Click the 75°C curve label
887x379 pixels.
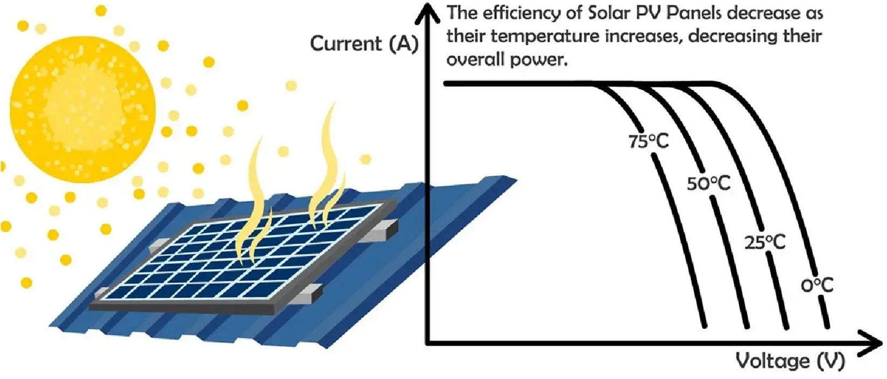point(648,141)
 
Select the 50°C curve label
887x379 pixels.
point(708,184)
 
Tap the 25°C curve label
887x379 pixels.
point(765,242)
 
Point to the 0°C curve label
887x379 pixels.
point(816,285)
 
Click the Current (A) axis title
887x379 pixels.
point(364,44)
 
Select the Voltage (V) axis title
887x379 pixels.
point(790,361)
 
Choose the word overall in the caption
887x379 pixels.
point(477,59)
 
